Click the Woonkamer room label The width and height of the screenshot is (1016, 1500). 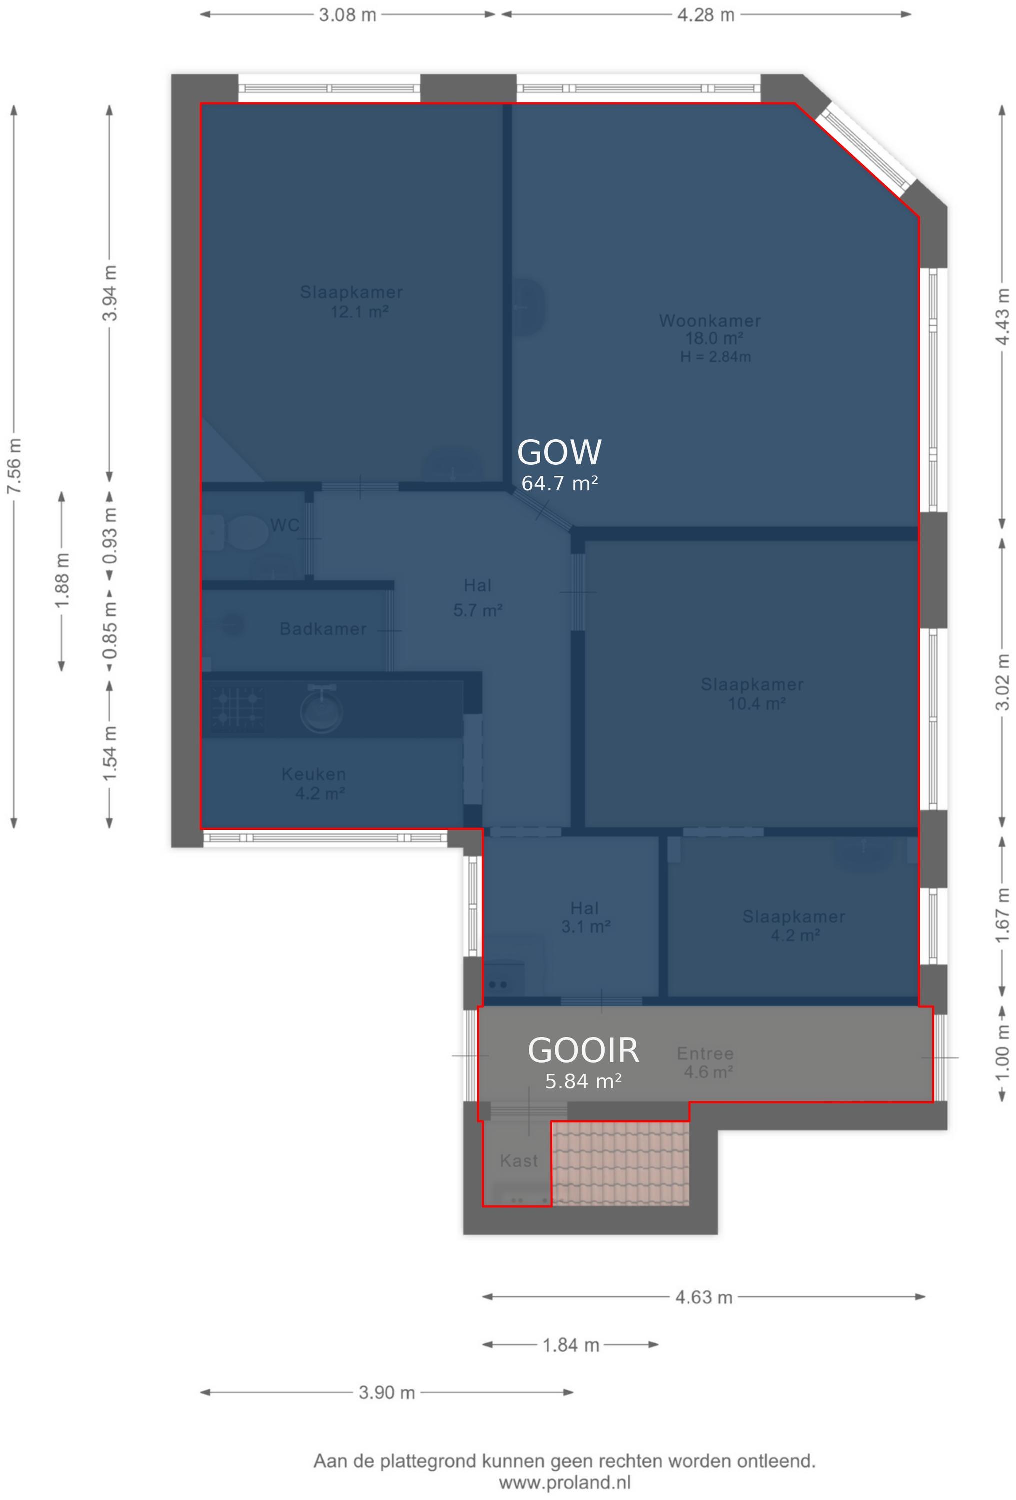pyautogui.click(x=709, y=321)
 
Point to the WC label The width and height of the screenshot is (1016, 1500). pyautogui.click(x=284, y=525)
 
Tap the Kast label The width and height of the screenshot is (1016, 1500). pyautogui.click(x=519, y=1161)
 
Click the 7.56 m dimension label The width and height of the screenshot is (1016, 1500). pyautogui.click(x=14, y=466)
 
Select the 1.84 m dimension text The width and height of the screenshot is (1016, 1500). pyautogui.click(x=571, y=1345)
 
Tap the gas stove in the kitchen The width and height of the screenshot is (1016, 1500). pyautogui.click(x=237, y=708)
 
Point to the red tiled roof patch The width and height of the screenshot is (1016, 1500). pyautogui.click(x=621, y=1163)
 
